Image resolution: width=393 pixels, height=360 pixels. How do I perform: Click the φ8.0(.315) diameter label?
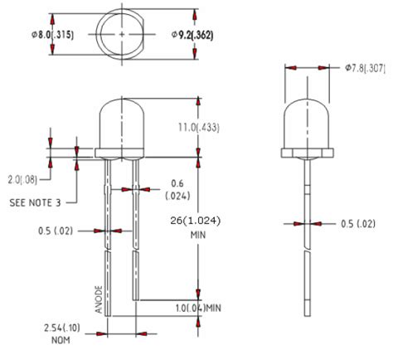pos(25,34)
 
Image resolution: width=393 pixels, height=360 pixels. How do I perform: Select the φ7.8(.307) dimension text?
pos(365,69)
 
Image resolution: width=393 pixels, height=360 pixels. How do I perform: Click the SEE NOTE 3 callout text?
pos(35,202)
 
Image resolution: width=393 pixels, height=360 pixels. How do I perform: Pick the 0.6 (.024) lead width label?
pos(177,189)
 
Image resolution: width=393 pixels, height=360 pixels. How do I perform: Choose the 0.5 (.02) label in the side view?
pos(357,223)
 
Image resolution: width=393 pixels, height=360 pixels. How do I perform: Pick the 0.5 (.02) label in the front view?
pos(61,231)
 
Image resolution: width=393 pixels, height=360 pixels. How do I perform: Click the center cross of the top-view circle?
pos(123,34)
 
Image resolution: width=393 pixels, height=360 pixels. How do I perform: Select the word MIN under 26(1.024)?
pos(197,236)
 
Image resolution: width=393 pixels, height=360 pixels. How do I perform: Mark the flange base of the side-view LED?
pos(307,153)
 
